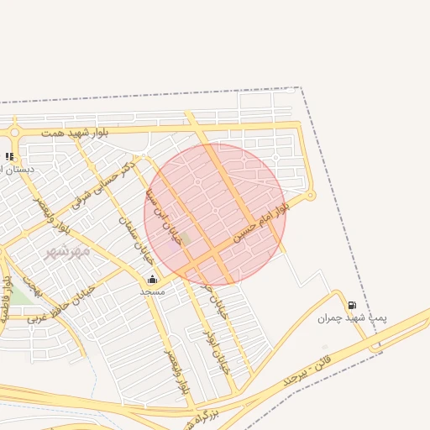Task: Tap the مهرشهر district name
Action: coord(67,251)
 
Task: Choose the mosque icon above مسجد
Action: coord(152,280)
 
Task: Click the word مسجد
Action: coord(152,291)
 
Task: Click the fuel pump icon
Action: coord(351,305)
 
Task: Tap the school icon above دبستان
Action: coord(9,156)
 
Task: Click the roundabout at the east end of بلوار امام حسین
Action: coord(310,196)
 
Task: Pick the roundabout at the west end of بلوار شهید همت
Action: coord(14,132)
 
